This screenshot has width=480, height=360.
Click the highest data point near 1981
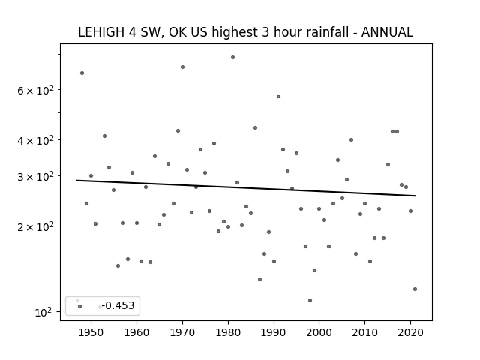[232, 58]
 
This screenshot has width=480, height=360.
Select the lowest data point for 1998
[310, 300]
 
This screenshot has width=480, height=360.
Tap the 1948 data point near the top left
[82, 73]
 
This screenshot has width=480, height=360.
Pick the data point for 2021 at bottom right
[415, 289]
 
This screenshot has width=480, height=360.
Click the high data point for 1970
[182, 67]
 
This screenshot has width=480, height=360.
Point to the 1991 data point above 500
[278, 97]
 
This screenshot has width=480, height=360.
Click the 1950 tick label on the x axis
[91, 332]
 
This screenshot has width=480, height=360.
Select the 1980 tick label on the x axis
[228, 332]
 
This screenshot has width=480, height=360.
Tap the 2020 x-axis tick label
[410, 332]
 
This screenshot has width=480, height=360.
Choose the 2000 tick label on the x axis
[319, 332]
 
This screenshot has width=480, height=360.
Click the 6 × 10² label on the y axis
[35, 90]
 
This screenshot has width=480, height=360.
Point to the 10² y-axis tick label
[43, 312]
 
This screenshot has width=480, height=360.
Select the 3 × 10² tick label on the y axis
[35, 177]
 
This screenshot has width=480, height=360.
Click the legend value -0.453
[118, 305]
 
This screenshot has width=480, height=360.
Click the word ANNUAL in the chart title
[387, 32]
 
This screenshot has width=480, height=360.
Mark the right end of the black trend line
[415, 196]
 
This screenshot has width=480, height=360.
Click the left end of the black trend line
[76, 181]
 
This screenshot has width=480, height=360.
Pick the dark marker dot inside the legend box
[80, 307]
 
